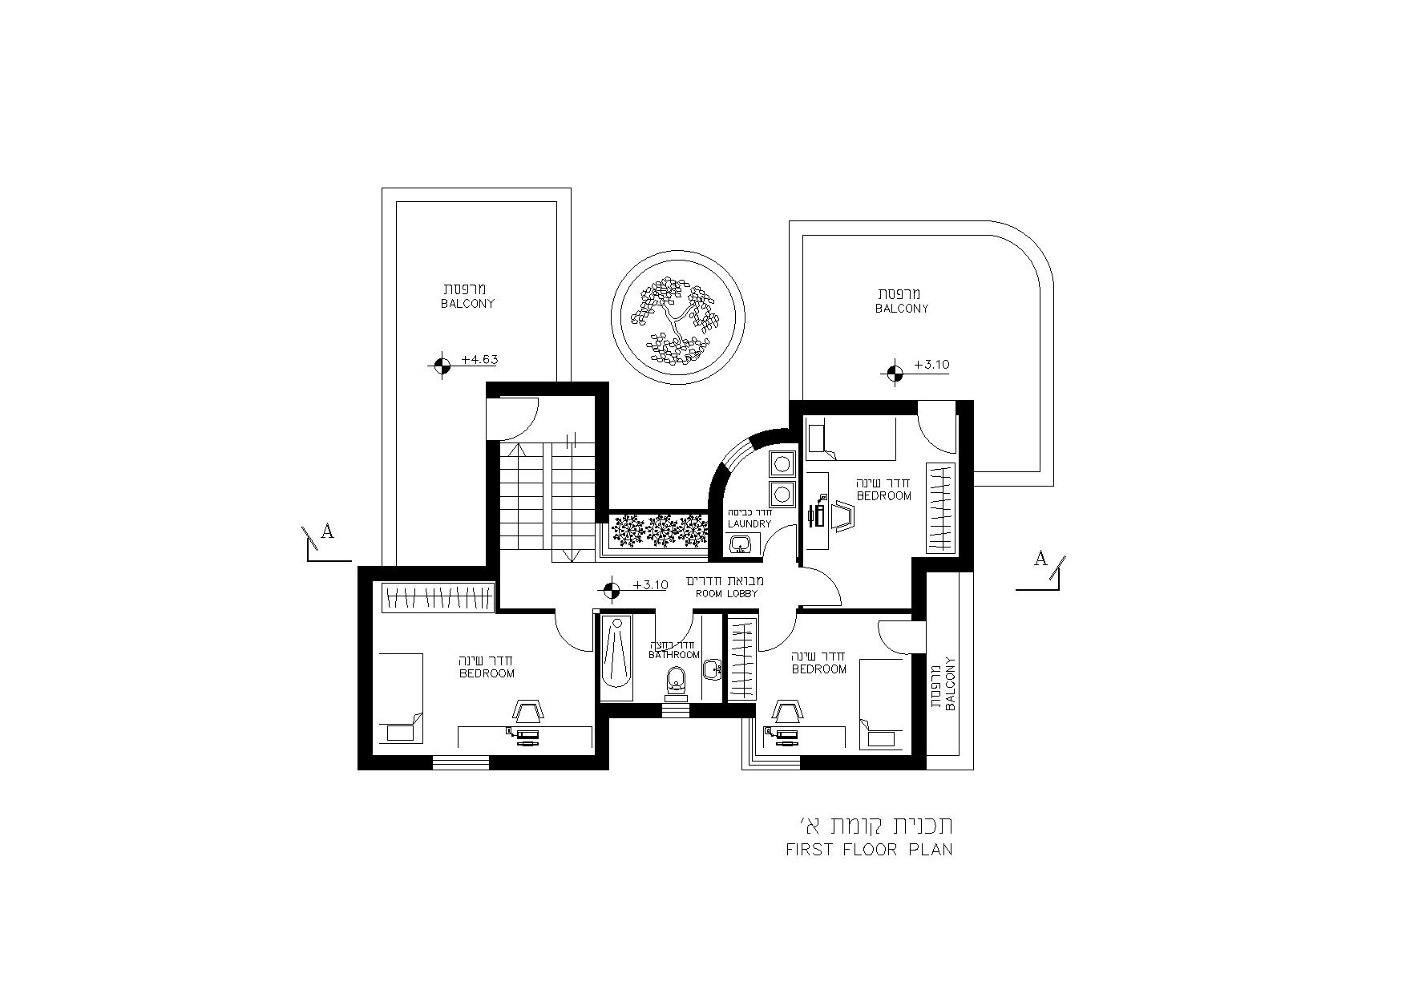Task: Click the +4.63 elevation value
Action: [x=479, y=360]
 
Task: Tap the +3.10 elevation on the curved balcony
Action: [x=931, y=365]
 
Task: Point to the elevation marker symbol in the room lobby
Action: [x=611, y=590]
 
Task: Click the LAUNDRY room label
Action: [x=749, y=524]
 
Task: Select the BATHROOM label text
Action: [x=674, y=655]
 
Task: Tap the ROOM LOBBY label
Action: [x=725, y=594]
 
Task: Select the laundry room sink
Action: [x=741, y=544]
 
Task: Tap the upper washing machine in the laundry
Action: [x=781, y=463]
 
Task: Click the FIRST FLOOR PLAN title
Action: [x=870, y=850]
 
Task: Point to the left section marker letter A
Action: [x=327, y=531]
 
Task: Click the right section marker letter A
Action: [x=1040, y=559]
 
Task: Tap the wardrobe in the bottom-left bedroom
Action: [x=438, y=597]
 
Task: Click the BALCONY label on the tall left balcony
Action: [x=467, y=304]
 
